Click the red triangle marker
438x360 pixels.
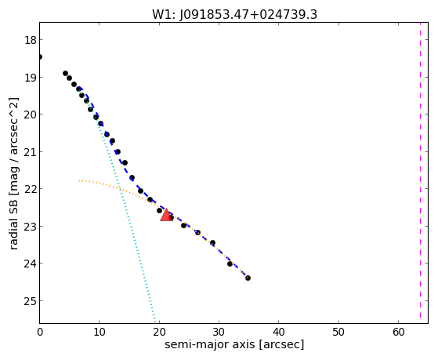pyautogui.click(x=166, y=215)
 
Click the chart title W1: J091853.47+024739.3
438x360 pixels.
pyautogui.click(x=234, y=15)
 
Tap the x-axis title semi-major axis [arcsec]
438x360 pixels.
pyautogui.click(x=234, y=344)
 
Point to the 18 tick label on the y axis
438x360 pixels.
pyautogui.click(x=31, y=40)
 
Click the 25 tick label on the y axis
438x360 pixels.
pyautogui.click(x=31, y=301)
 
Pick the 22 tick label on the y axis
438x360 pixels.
pyautogui.click(x=31, y=189)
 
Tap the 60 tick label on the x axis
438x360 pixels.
pyautogui.click(x=398, y=332)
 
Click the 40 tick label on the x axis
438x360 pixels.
pyautogui.click(x=279, y=332)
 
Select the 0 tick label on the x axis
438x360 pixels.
pyautogui.click(x=40, y=332)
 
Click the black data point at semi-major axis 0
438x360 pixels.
pyautogui.click(x=40, y=57)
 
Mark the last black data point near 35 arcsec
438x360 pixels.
pyautogui.click(x=248, y=278)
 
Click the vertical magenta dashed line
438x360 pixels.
pyautogui.click(x=420, y=173)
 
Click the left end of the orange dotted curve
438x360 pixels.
pyautogui.click(x=79, y=180)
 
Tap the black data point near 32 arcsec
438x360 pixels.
pyautogui.click(x=230, y=264)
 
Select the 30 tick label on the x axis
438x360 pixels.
pyautogui.click(x=219, y=332)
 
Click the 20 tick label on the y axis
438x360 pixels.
pyautogui.click(x=31, y=115)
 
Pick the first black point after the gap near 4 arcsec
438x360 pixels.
pyautogui.click(x=65, y=73)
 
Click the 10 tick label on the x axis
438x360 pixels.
pyautogui.click(x=100, y=332)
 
